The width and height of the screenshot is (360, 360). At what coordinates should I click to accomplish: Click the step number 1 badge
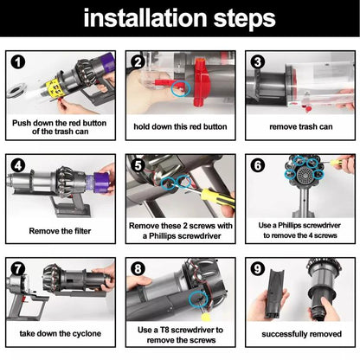[x=18, y=62]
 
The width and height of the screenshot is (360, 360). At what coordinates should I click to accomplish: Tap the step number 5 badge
[x=138, y=165]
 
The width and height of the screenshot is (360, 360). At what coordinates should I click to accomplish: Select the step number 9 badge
[x=258, y=269]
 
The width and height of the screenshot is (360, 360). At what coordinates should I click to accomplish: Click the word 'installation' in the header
[x=145, y=18]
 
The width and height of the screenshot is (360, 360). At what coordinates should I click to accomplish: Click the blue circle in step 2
[x=181, y=88]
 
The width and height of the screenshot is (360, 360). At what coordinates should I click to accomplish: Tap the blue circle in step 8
[x=198, y=299]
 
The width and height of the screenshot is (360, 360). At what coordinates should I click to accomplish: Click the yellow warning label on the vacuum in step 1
[x=55, y=88]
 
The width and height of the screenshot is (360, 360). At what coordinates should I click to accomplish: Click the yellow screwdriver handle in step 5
[x=217, y=198]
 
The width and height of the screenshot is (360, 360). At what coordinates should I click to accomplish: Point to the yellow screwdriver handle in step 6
[x=337, y=162]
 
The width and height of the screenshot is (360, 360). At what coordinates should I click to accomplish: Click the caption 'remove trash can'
[x=301, y=126]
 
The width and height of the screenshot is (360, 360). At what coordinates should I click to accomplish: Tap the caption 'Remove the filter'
[x=60, y=231]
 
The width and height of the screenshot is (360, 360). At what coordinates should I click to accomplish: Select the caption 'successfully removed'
[x=301, y=334]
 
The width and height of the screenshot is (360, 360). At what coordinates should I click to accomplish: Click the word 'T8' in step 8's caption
[x=166, y=330]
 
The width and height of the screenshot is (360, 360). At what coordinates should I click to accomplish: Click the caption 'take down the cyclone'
[x=61, y=334]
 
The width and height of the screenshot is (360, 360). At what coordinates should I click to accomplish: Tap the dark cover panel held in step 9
[x=274, y=292]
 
